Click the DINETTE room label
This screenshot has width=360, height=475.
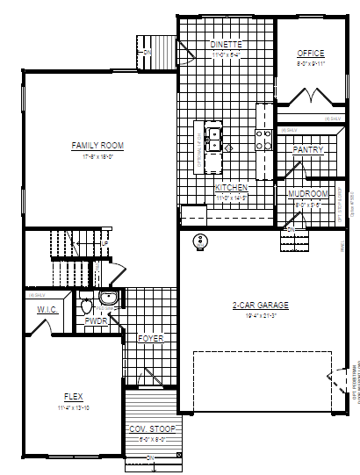[x=226, y=44]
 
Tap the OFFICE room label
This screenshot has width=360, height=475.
[x=310, y=53]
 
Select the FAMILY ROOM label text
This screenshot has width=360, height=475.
[x=97, y=146]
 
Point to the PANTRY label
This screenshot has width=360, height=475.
[x=308, y=150]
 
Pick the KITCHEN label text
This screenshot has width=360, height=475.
[x=232, y=188]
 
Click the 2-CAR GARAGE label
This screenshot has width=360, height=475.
[x=261, y=306]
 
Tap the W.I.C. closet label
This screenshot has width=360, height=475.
[x=47, y=310]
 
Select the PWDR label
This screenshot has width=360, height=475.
[x=97, y=321]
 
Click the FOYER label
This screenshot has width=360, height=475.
[x=151, y=338]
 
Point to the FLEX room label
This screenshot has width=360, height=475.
[x=74, y=396]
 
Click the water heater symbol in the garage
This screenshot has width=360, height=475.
[x=201, y=241]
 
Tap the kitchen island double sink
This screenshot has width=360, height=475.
[x=213, y=139]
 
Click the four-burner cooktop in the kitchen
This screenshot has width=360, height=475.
[x=261, y=139]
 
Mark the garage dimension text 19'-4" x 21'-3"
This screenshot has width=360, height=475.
[x=261, y=314]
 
